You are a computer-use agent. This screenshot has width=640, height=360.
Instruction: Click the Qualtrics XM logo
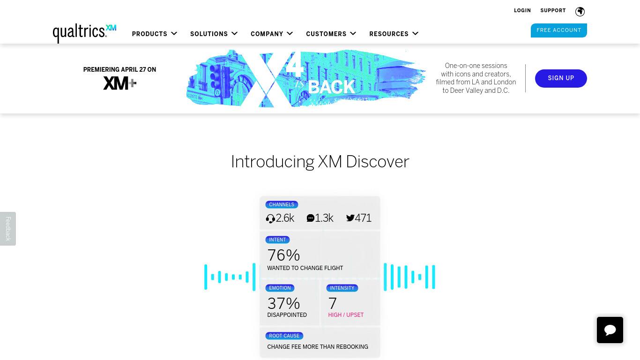(x=85, y=33)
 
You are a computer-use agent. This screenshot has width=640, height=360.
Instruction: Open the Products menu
(x=155, y=34)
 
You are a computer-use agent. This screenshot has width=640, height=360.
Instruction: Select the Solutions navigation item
(x=214, y=34)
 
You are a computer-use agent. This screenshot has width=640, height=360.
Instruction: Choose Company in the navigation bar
(x=272, y=34)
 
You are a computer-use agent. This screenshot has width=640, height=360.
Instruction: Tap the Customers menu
(x=331, y=34)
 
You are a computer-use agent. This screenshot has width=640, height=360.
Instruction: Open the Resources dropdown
(x=394, y=34)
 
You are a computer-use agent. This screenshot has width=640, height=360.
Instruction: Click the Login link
(x=522, y=11)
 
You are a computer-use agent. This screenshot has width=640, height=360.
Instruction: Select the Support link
(x=553, y=11)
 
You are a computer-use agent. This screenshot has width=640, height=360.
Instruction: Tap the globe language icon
(x=580, y=11)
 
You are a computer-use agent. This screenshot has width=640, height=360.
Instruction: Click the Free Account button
(x=558, y=30)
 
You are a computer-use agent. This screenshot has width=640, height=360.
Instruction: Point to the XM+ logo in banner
(x=120, y=83)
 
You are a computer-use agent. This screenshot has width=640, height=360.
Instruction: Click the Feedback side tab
(x=8, y=228)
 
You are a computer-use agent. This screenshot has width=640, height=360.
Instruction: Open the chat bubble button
(x=610, y=330)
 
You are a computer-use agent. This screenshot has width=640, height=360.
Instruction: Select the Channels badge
(x=282, y=204)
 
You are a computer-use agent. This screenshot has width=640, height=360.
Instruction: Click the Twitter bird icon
(x=350, y=218)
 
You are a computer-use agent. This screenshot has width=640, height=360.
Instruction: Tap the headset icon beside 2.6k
(x=270, y=218)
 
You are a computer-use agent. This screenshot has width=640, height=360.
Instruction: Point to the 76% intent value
(x=283, y=255)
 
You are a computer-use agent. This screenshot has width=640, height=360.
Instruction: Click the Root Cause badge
(x=284, y=336)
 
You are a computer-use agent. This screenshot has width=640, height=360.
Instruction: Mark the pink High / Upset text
(x=346, y=315)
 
